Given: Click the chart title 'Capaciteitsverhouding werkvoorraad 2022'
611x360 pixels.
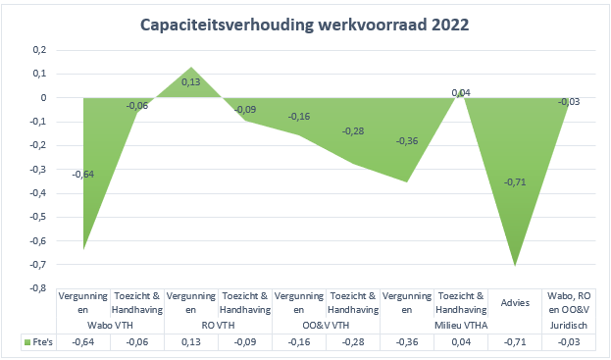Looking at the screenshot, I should click(x=305, y=24).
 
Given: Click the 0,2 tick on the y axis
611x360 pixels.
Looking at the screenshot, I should click(x=38, y=50).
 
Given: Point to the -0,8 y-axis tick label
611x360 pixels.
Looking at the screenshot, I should click(x=36, y=288).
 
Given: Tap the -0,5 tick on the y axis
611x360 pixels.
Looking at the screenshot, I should click(x=36, y=217).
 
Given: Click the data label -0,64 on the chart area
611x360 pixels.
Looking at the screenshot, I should click(x=84, y=175).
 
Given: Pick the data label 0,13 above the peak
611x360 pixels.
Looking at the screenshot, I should click(x=191, y=82).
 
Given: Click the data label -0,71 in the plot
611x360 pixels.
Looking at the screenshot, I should click(x=515, y=182).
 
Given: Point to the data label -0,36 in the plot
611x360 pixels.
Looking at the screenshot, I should click(x=406, y=141).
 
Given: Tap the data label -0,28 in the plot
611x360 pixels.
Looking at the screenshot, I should click(x=353, y=131).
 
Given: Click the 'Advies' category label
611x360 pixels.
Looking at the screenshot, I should click(x=515, y=304).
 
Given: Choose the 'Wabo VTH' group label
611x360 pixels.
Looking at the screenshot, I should click(x=111, y=323).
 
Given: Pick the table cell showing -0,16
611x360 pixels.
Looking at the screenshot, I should click(x=299, y=341).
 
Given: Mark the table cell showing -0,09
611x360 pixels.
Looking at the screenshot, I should click(x=245, y=341).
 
